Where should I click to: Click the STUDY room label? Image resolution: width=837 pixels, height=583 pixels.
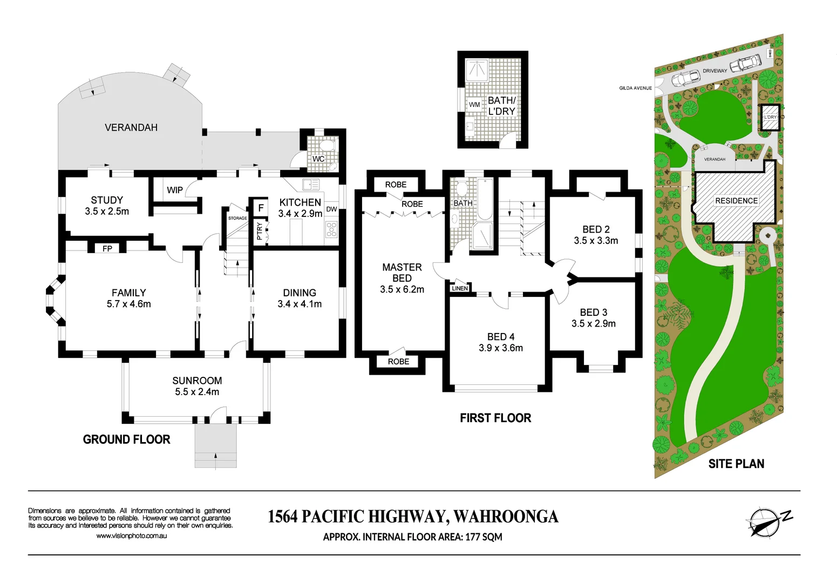click(x=107, y=200)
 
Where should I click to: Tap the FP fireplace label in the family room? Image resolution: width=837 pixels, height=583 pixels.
click(x=107, y=248)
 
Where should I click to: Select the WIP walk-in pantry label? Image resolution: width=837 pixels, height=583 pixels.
click(x=174, y=190)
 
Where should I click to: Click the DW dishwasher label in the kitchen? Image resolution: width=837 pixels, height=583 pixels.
click(x=331, y=209)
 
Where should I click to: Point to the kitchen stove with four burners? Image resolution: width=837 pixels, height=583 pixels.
click(x=331, y=229)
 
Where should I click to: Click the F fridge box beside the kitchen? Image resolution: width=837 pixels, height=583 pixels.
click(x=261, y=208)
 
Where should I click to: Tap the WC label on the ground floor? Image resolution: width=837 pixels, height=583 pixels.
click(x=318, y=159)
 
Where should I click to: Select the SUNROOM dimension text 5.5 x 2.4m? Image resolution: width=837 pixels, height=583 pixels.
click(x=197, y=392)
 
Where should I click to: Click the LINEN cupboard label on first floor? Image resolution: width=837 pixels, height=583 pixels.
click(x=460, y=288)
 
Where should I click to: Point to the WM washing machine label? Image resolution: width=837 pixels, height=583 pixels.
click(x=474, y=105)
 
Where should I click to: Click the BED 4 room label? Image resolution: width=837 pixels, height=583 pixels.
click(x=500, y=337)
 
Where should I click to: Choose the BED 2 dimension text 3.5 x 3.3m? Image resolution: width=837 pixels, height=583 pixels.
click(x=596, y=241)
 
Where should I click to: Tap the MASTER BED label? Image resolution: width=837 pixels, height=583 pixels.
click(x=402, y=273)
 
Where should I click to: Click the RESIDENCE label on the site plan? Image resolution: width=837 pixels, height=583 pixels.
click(x=736, y=201)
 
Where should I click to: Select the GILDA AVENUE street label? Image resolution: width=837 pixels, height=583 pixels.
click(x=635, y=88)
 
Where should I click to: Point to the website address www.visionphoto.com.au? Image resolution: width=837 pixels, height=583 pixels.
click(x=131, y=536)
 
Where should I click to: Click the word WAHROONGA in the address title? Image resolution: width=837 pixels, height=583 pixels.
click(x=506, y=517)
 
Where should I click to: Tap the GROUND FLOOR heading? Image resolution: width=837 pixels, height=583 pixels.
click(x=126, y=439)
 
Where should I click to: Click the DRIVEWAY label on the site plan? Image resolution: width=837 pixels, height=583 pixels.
click(x=714, y=71)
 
